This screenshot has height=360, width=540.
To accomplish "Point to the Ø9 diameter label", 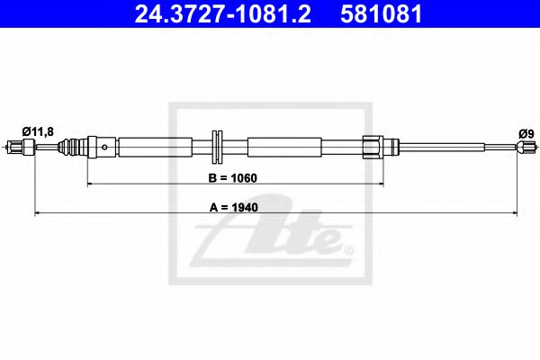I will (526, 133).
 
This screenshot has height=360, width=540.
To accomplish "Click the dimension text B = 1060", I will (233, 178).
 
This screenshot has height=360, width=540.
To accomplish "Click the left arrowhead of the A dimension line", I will (38, 213).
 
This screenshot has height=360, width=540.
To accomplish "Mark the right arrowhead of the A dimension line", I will (515, 213).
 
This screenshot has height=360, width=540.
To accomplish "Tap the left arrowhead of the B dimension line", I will (90, 184).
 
